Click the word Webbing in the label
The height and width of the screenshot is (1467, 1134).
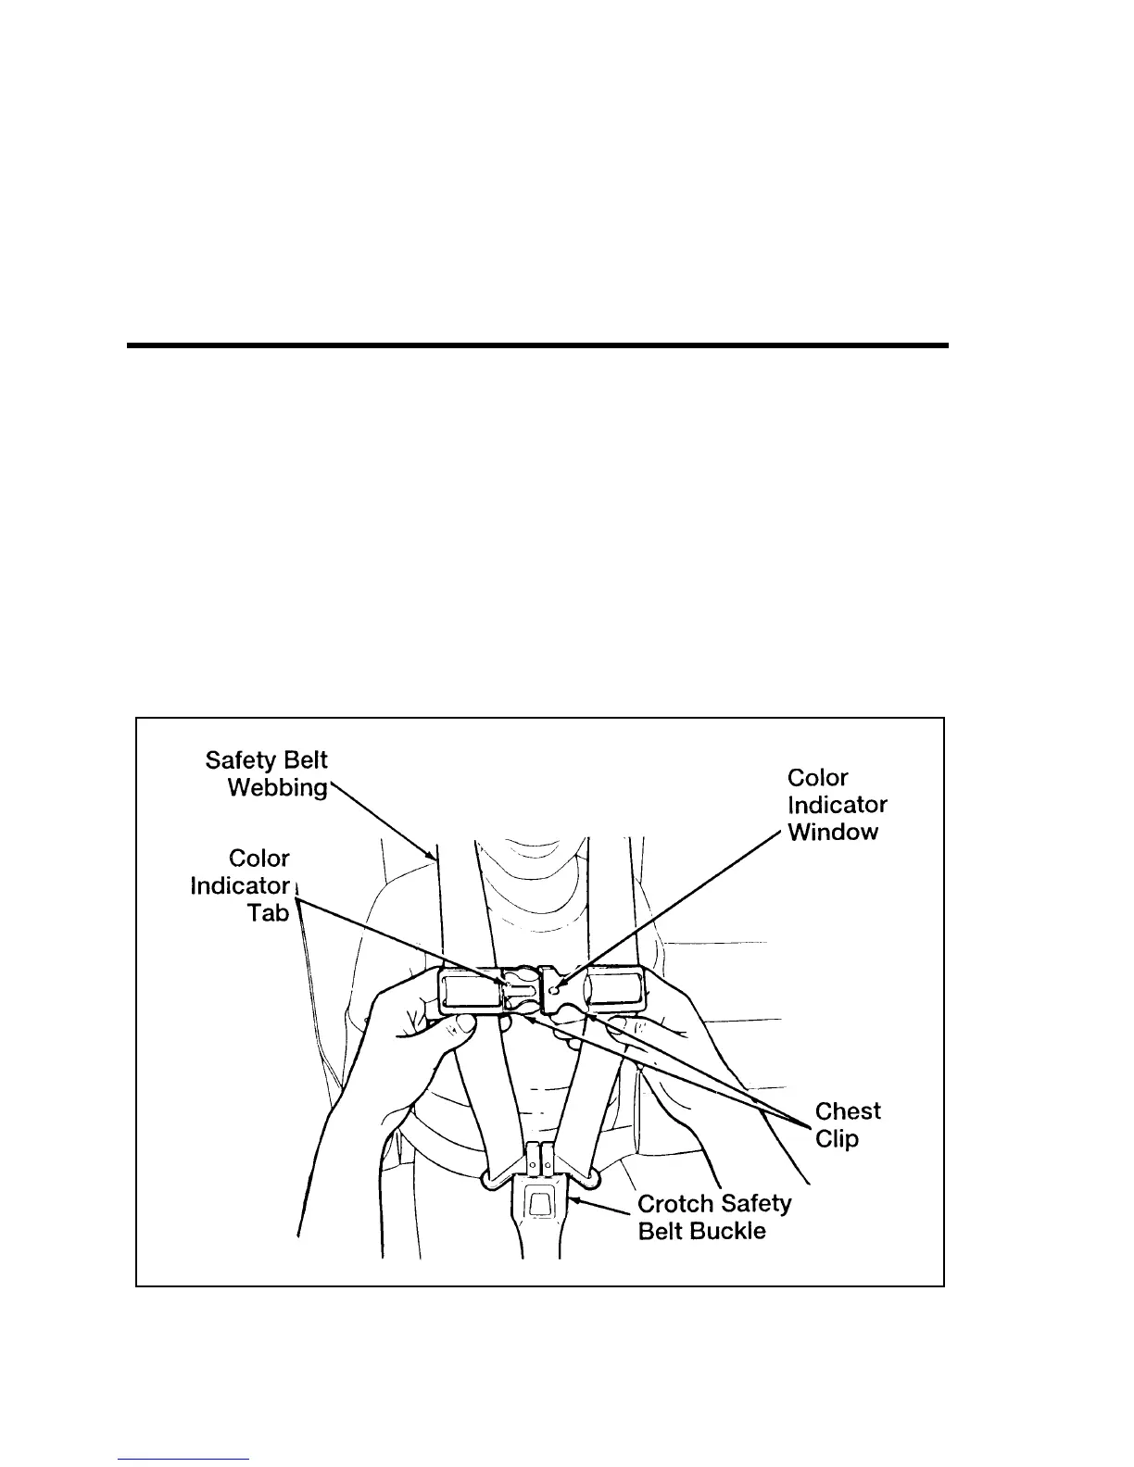coord(277,788)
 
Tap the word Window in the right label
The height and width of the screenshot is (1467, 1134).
coord(832,832)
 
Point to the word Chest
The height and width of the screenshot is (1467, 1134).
coord(848,1111)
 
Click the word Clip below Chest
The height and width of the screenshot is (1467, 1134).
coord(837,1138)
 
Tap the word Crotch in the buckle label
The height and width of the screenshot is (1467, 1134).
coord(676,1204)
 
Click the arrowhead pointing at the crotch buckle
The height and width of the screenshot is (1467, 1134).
coord(573,1201)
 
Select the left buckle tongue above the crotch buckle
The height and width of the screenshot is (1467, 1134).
coord(532,1158)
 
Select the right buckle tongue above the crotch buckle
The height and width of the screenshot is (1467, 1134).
coord(548,1158)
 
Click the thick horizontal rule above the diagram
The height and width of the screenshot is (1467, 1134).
coord(537,345)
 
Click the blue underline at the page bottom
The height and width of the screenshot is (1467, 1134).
coord(183,1460)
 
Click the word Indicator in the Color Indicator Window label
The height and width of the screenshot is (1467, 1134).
coord(837,805)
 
